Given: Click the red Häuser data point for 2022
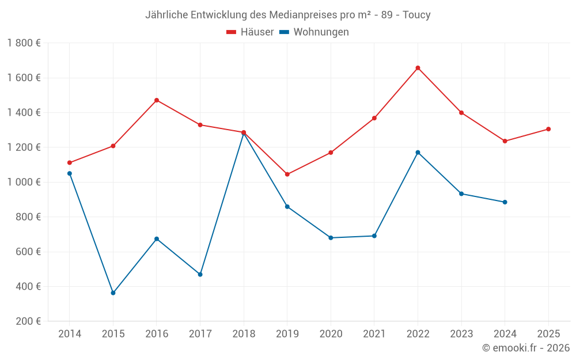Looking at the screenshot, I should pyautogui.click(x=418, y=68).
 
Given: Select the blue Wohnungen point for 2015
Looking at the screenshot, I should pyautogui.click(x=113, y=293).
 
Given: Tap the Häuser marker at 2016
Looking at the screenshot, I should pyautogui.click(x=157, y=100).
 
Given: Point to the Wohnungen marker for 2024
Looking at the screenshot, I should pyautogui.click(x=505, y=202).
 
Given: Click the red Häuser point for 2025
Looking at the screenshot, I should pyautogui.click(x=548, y=129).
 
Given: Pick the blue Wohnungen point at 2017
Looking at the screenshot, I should pyautogui.click(x=200, y=274).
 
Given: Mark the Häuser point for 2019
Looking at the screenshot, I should pyautogui.click(x=287, y=174).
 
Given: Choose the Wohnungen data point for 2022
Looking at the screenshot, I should pyautogui.click(x=418, y=153).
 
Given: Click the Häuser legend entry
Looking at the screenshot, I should pyautogui.click(x=250, y=32).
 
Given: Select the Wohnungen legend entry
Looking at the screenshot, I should pyautogui.click(x=314, y=32).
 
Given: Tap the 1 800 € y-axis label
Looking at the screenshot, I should pyautogui.click(x=24, y=43).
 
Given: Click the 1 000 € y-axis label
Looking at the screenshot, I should pyautogui.click(x=24, y=182).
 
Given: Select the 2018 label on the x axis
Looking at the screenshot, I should pyautogui.click(x=244, y=334).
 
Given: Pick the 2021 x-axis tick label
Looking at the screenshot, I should pyautogui.click(x=374, y=334).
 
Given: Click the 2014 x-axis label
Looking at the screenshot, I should pyautogui.click(x=70, y=334).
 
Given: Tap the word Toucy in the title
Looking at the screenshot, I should pyautogui.click(x=416, y=15).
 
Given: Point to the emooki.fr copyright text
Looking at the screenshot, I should pyautogui.click(x=526, y=348).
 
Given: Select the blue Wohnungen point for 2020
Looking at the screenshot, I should pyautogui.click(x=331, y=238).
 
